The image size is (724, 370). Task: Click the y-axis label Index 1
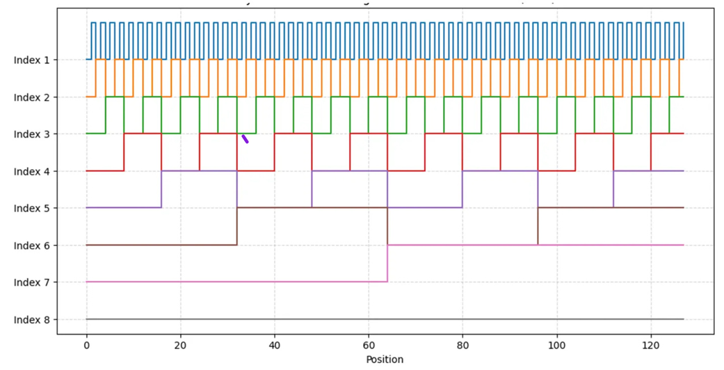coord(31,60)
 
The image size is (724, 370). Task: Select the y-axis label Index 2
coord(31,97)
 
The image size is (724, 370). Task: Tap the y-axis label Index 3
coord(31,134)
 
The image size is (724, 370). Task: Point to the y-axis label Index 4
coord(31,171)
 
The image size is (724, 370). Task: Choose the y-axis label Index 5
coord(31,208)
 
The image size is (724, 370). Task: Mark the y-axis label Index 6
coord(31,246)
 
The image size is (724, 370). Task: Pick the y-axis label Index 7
coord(31,282)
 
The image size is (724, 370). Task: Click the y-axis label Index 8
coord(31,320)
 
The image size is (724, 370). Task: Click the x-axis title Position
coord(385,360)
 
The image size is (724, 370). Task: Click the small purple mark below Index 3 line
coord(245,139)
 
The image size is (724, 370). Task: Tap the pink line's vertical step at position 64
coord(387,263)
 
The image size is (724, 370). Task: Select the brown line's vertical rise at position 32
coord(237,226)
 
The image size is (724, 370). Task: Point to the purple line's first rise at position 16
coord(161,189)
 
